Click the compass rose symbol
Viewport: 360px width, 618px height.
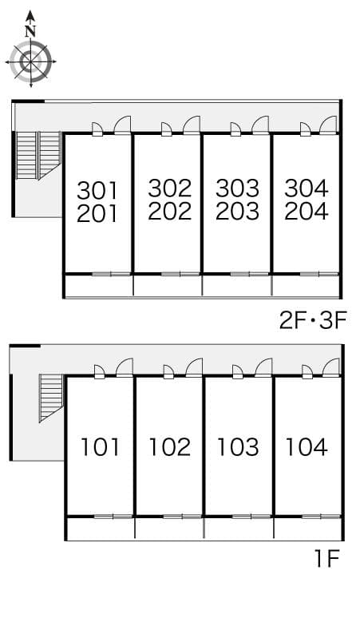tap(30, 61)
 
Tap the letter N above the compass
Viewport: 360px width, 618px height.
tap(30, 31)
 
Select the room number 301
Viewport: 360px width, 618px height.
tap(97, 190)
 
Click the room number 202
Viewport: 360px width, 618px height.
tap(169, 212)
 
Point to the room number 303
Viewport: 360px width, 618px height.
tap(237, 188)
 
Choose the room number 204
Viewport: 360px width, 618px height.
tap(307, 212)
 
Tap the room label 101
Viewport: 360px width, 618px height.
tap(101, 446)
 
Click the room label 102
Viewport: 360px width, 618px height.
tap(169, 446)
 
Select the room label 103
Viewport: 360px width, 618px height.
tap(238, 446)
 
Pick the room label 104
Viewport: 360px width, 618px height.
tap(307, 446)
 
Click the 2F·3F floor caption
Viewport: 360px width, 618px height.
tap(312, 321)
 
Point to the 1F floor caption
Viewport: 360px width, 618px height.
tap(327, 557)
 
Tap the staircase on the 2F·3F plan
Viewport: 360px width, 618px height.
tap(38, 156)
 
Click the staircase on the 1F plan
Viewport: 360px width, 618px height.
tap(51, 397)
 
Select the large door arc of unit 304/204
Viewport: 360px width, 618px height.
tap(329, 125)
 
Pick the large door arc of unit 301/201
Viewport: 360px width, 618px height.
tap(122, 125)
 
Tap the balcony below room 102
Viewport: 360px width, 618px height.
tap(169, 528)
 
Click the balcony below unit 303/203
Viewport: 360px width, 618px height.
tap(237, 285)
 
